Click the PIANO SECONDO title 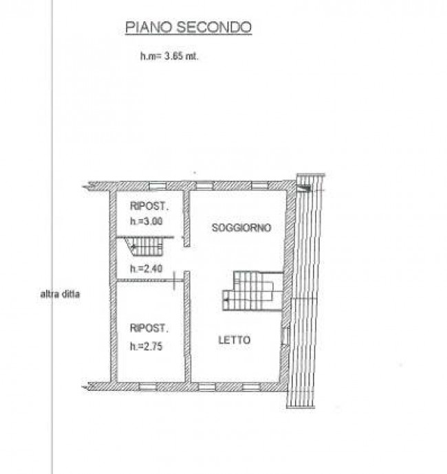[188, 27]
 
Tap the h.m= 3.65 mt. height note [169, 56]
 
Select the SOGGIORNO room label [241, 227]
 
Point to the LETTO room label [235, 340]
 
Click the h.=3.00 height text [146, 221]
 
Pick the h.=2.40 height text [146, 269]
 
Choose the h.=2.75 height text [146, 346]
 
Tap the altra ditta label [60, 294]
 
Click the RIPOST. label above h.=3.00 [149, 206]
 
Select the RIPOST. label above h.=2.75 [149, 328]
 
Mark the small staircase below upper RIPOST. [144, 246]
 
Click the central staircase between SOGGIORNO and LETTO [252, 291]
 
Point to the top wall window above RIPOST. [157, 185]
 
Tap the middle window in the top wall [205, 185]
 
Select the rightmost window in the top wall [260, 185]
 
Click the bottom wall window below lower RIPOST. [148, 387]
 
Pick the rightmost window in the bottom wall [251, 387]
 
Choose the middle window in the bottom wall [207, 387]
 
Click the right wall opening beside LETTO [285, 335]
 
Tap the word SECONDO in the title [214, 27]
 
